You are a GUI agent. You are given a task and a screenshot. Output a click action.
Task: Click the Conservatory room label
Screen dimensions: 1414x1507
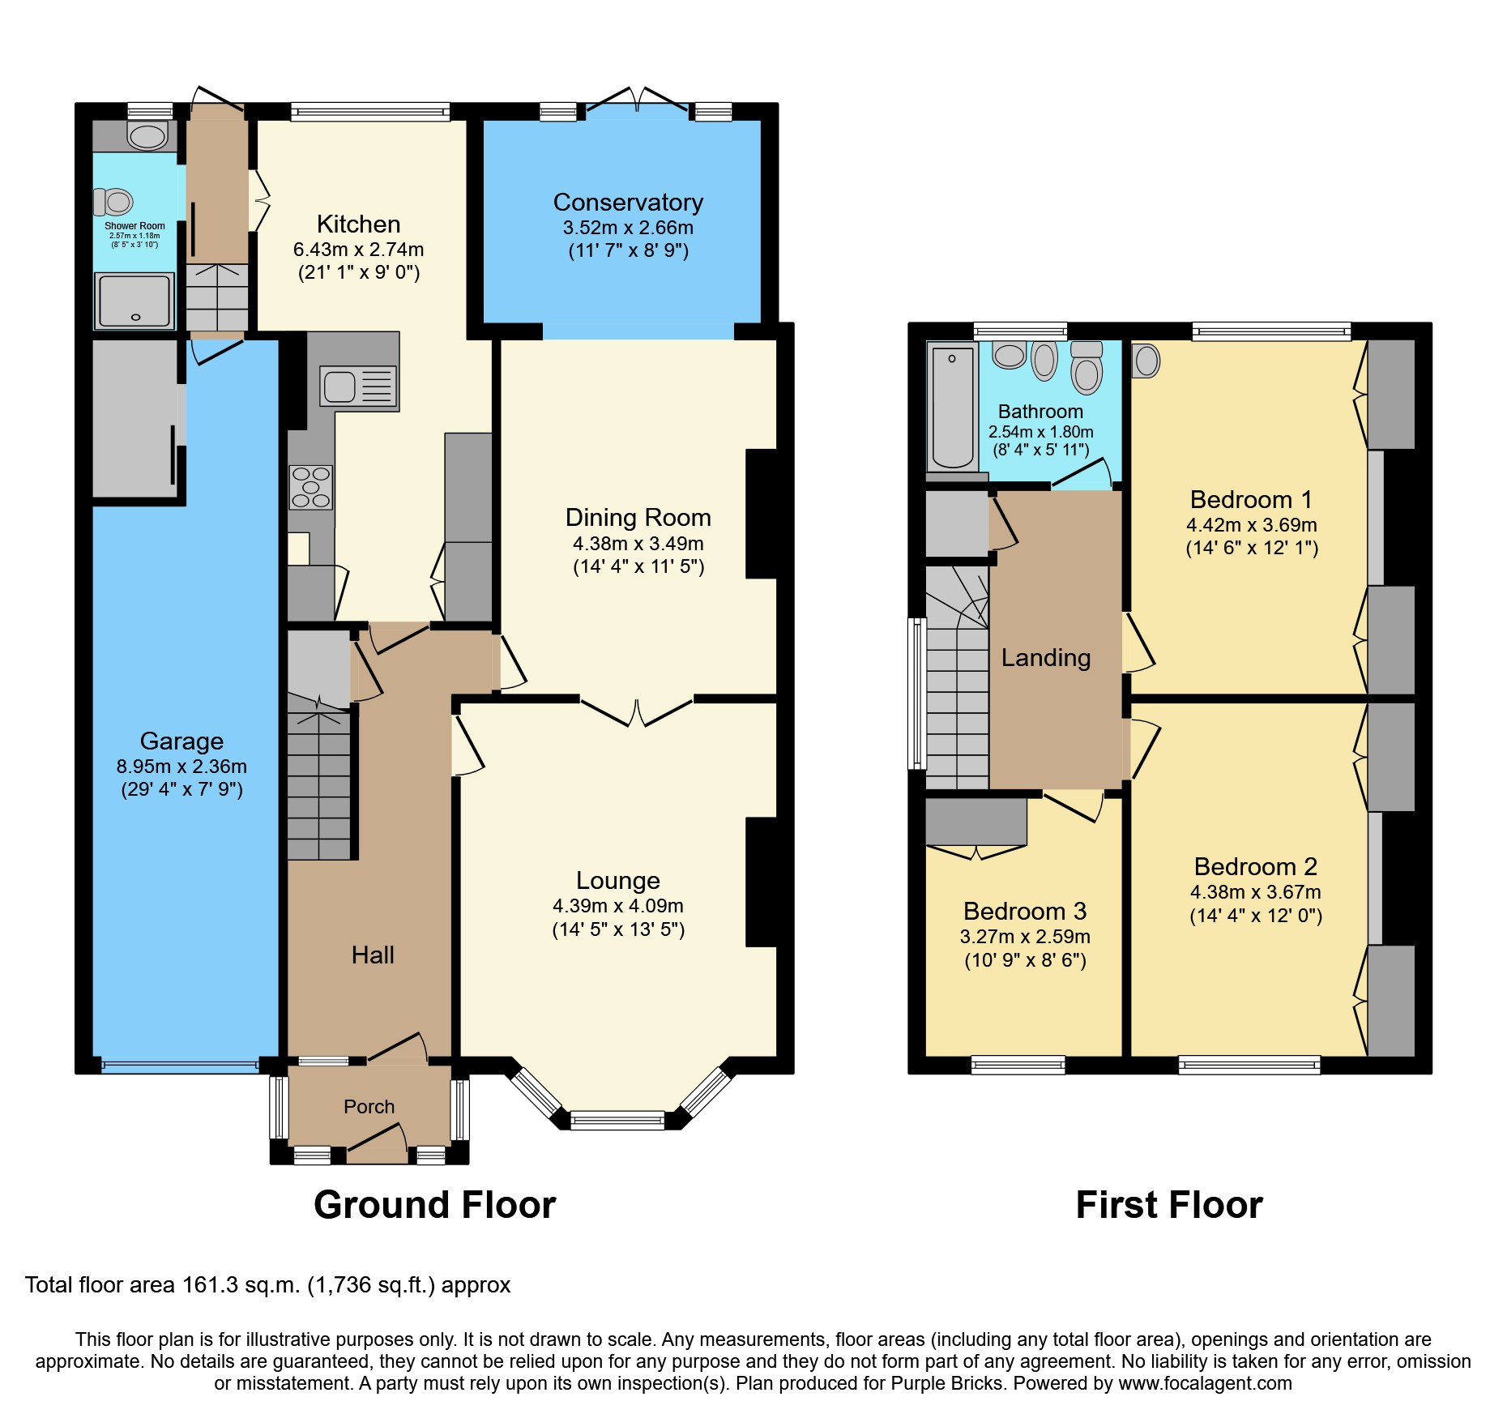628,202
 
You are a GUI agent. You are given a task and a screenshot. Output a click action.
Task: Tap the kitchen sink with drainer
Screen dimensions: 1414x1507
358,387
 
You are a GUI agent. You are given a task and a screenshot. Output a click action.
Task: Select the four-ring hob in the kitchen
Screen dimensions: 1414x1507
310,487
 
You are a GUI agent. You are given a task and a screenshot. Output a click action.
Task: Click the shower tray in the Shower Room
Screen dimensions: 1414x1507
134,301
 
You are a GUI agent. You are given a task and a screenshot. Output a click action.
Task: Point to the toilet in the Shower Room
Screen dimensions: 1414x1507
113,201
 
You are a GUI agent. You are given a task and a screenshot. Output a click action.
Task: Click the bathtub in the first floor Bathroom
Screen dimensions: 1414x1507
952,407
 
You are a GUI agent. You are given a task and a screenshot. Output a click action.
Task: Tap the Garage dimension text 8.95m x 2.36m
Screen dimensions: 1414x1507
181,767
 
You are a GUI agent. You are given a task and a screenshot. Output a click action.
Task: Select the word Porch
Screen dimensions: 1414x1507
369,1106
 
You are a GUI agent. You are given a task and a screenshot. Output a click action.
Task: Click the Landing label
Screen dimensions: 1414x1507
1045,657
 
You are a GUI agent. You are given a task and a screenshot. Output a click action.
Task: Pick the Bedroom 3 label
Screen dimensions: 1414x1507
1024,911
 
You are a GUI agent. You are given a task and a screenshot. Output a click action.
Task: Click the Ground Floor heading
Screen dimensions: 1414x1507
434,1204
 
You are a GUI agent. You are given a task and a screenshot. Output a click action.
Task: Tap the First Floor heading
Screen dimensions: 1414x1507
1168,1204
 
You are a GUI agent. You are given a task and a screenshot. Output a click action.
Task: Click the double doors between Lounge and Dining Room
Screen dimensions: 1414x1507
637,711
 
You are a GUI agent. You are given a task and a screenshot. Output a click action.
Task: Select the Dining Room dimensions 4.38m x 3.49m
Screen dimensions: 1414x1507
638,544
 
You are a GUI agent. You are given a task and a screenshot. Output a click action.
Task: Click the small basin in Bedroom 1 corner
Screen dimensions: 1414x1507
1146,361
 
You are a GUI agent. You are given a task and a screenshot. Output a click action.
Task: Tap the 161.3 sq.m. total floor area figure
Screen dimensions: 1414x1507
241,1285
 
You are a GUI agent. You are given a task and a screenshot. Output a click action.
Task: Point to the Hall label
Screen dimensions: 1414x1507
373,955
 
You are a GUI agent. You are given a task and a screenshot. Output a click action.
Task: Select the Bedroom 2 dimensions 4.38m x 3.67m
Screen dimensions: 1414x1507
1255,892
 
